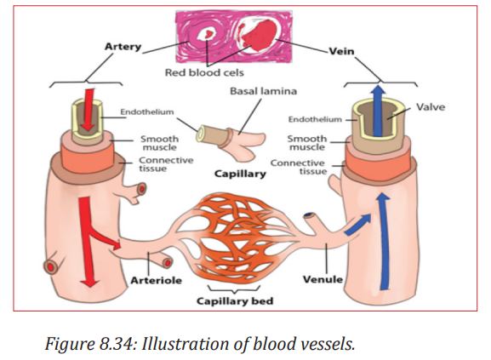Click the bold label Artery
pyautogui.click(x=123, y=47)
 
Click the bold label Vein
pyautogui.click(x=341, y=51)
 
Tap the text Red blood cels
pyautogui.click(x=204, y=72)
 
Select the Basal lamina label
pyautogui.click(x=263, y=91)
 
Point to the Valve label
pyautogui.click(x=431, y=107)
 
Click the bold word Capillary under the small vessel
pyautogui.click(x=240, y=174)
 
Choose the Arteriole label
pyautogui.click(x=156, y=280)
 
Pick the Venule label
pyautogui.click(x=323, y=279)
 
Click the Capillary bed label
pyautogui.click(x=235, y=301)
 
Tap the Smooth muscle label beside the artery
pyautogui.click(x=159, y=143)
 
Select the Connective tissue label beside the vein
pyautogui.click(x=299, y=167)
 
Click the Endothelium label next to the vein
pyautogui.click(x=315, y=119)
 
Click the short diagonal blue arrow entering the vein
pyautogui.click(x=357, y=224)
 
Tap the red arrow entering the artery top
pyautogui.click(x=88, y=110)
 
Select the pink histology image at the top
pyautogui.click(x=234, y=37)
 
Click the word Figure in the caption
pyautogui.click(x=70, y=344)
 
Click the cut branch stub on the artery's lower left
pyautogui.click(x=51, y=266)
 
